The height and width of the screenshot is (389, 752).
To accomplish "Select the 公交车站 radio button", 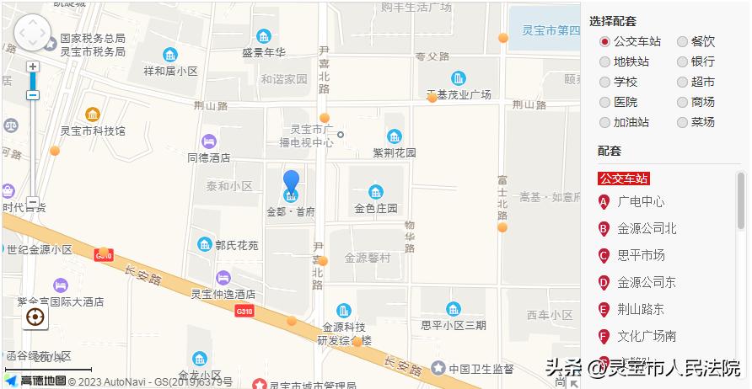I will [604, 41].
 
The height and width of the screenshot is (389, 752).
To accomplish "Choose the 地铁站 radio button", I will [604, 61].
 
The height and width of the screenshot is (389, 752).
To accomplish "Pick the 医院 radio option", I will [604, 102].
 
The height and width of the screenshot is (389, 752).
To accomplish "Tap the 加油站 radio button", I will [604, 122].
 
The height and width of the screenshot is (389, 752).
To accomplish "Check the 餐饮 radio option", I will [682, 41].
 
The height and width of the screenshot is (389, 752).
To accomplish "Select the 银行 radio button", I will [682, 61].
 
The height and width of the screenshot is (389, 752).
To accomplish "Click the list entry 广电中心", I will [641, 201].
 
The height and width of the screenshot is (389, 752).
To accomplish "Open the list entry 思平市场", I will [641, 255].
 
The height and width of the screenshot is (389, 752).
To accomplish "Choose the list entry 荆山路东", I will [641, 309].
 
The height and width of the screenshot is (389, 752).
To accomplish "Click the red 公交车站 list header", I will [624, 179].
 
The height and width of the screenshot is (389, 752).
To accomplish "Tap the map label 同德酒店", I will [209, 157].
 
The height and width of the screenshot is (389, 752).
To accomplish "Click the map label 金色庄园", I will [375, 208].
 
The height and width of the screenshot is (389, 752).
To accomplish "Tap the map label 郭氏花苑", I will [236, 245].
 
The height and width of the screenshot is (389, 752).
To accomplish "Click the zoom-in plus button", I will [33, 67].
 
